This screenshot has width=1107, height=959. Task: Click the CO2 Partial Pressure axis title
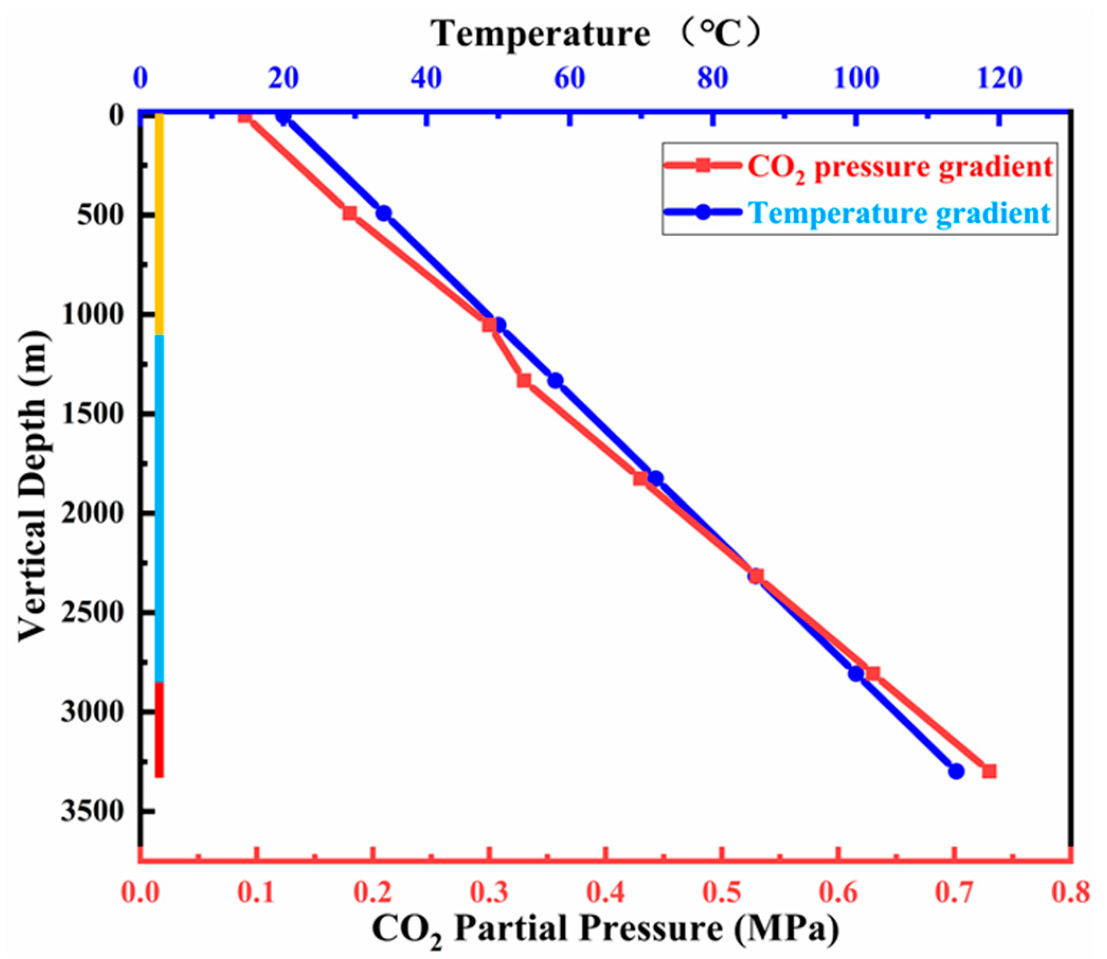point(605,928)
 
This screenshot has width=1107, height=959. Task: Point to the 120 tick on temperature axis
point(999,79)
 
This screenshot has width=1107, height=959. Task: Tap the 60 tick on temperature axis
point(569,79)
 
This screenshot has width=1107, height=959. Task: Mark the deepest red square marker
point(989,771)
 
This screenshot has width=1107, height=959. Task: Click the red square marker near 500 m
point(349,213)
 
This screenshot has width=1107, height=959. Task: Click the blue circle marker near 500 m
point(383,213)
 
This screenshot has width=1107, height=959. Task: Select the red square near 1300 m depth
point(524,381)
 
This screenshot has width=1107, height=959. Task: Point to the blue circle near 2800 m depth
point(856,673)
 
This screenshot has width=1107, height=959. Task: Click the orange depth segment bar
point(159,225)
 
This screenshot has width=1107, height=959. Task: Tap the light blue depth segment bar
point(159,508)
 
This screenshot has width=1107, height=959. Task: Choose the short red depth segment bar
point(159,729)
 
